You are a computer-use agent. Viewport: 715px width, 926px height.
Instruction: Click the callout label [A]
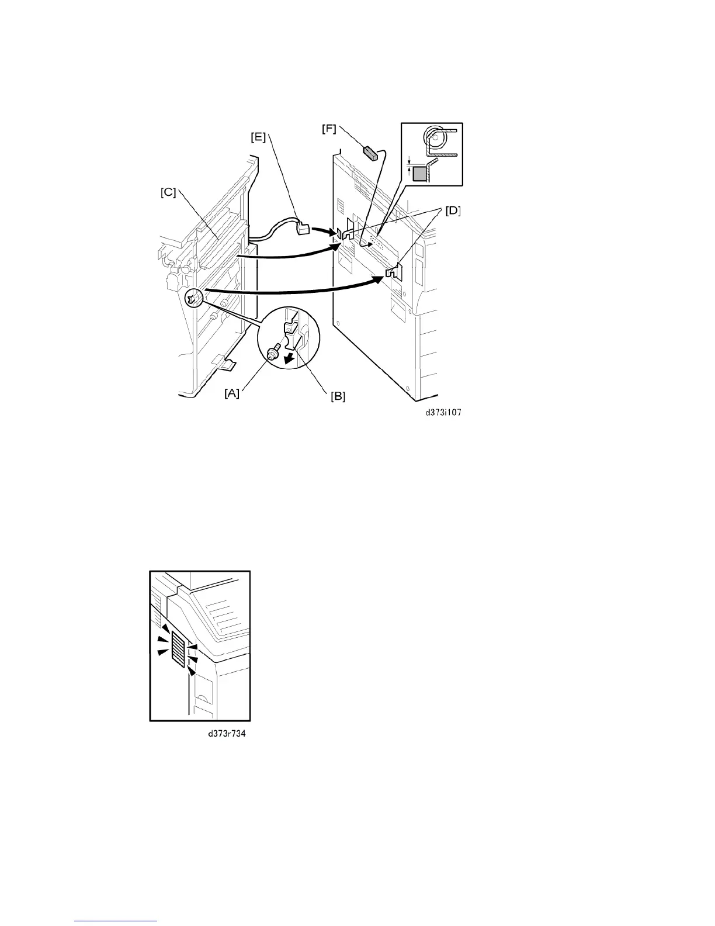point(231,393)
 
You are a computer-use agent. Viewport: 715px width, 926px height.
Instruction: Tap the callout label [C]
point(168,192)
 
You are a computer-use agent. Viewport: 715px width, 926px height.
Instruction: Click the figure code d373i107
point(442,412)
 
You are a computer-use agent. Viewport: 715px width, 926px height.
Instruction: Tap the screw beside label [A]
point(272,353)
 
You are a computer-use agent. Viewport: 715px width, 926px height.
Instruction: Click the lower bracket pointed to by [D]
point(394,271)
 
